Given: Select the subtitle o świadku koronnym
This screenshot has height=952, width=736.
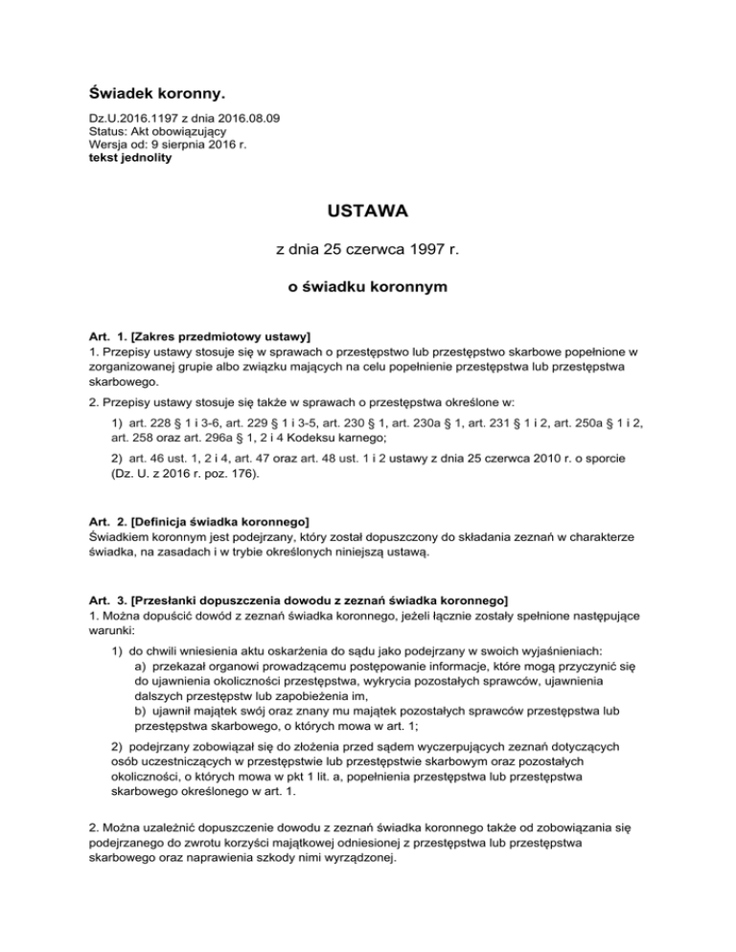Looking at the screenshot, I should click(368, 285).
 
